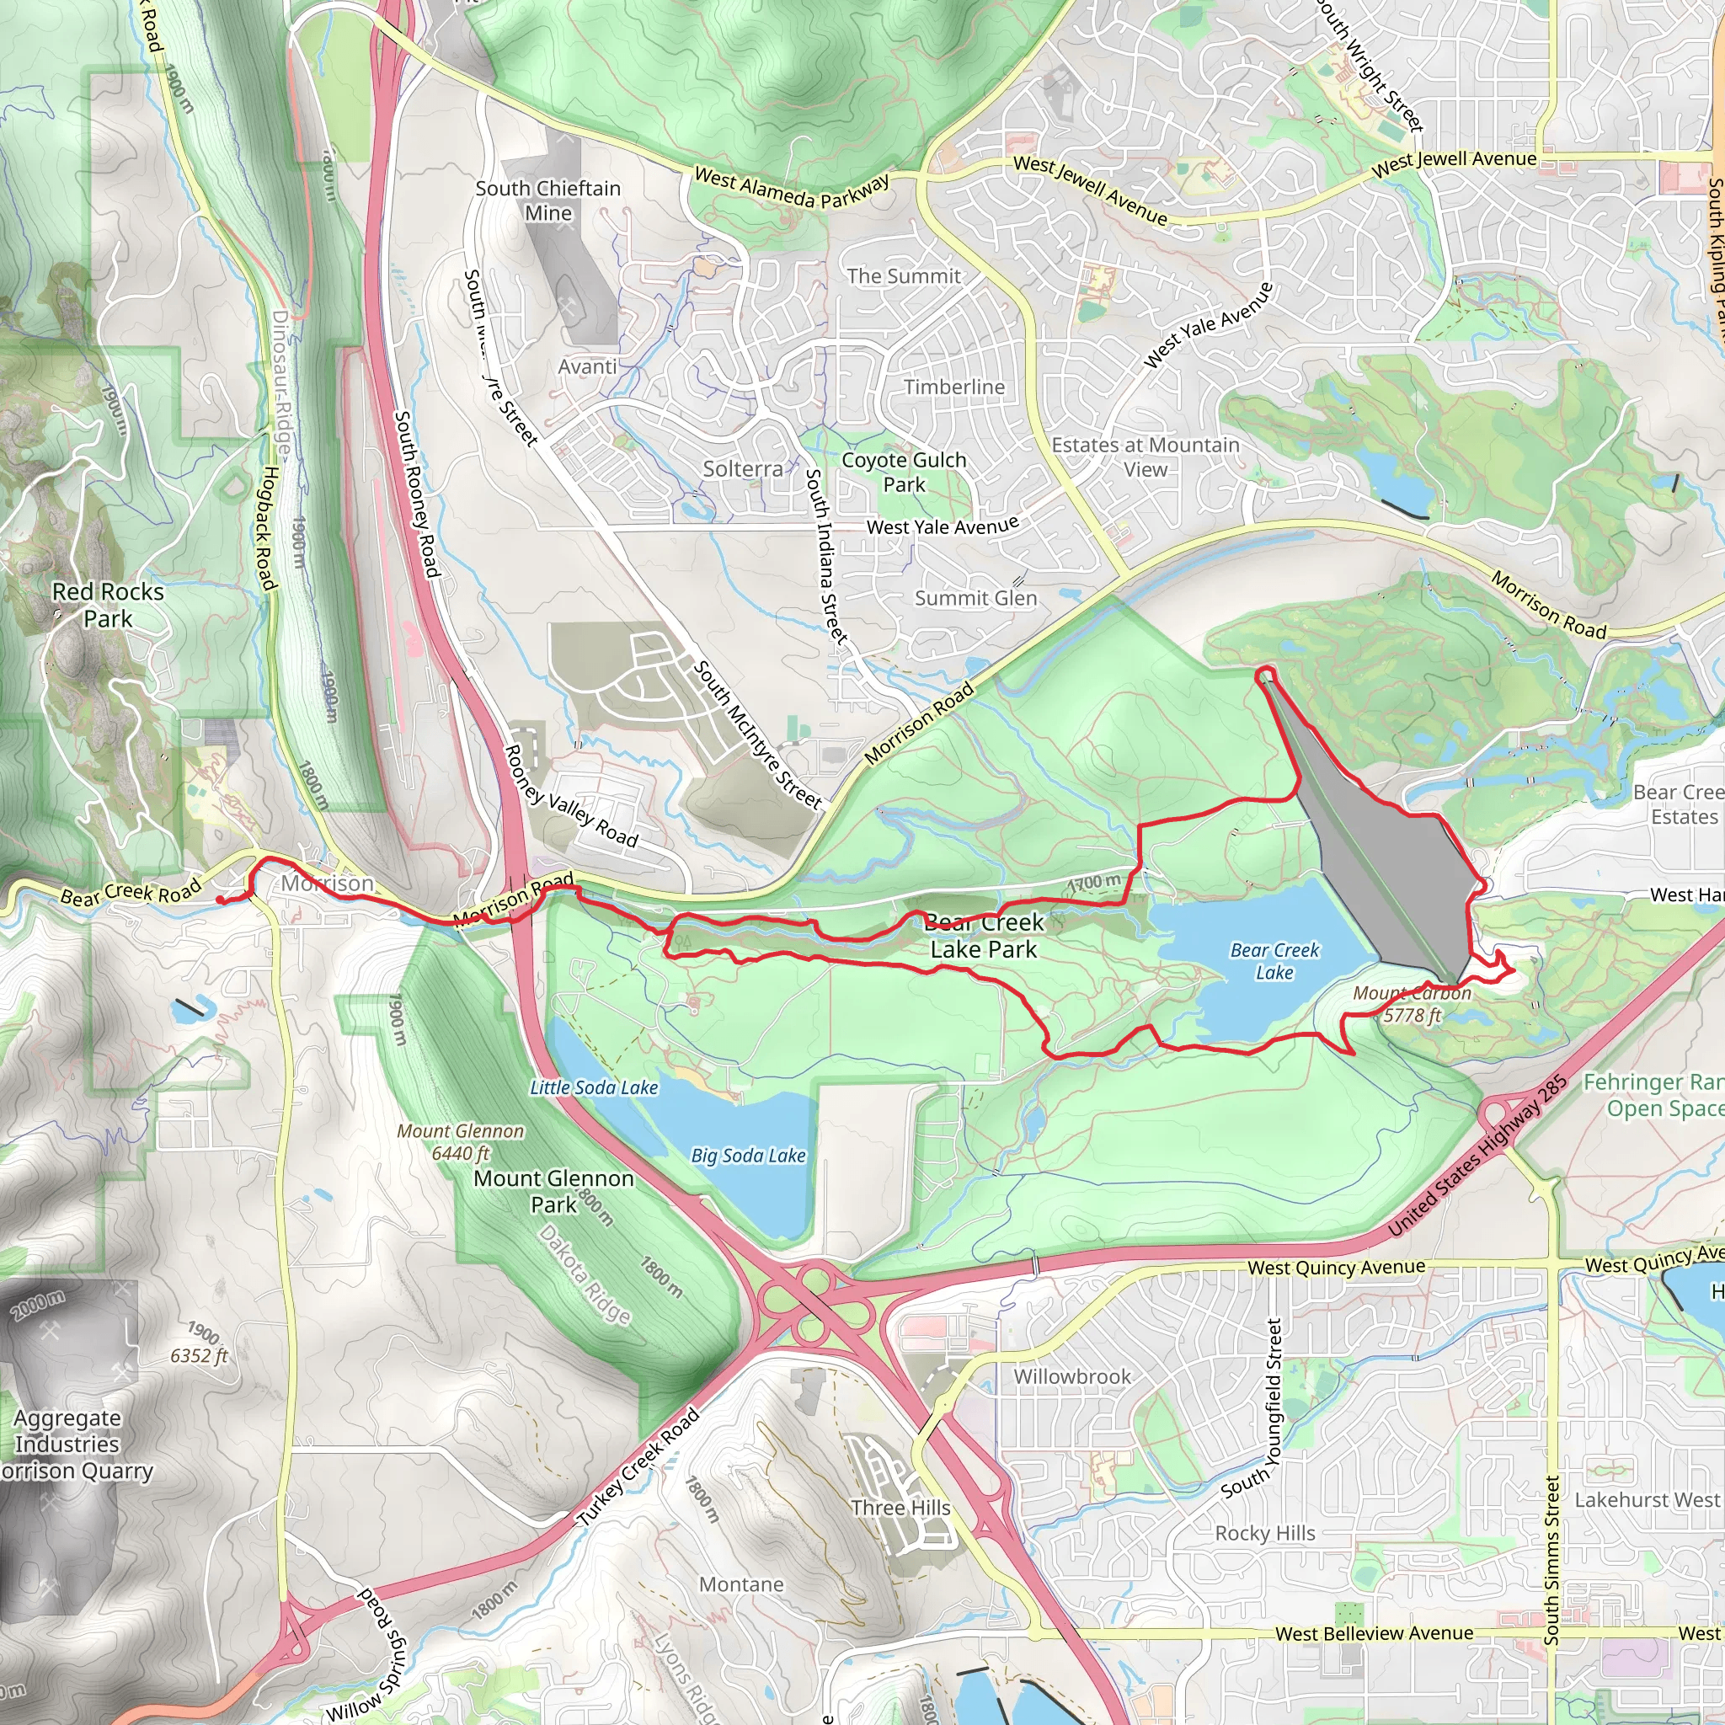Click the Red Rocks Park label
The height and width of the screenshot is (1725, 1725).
[x=108, y=606]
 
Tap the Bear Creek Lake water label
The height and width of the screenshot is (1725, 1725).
[x=1274, y=962]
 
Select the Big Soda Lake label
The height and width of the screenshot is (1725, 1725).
[x=748, y=1156]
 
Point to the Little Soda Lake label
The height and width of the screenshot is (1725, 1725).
[x=594, y=1087]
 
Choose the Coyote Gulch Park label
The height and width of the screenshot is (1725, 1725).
[x=904, y=473]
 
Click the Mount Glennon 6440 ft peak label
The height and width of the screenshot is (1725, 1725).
[x=461, y=1142]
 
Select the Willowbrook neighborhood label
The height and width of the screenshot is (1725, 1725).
[x=1071, y=1377]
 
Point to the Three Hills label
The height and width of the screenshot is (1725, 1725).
[x=900, y=1508]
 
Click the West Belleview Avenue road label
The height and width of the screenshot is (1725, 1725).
[x=1374, y=1634]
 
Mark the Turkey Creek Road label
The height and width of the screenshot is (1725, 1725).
[x=638, y=1468]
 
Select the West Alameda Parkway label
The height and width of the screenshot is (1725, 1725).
[x=792, y=189]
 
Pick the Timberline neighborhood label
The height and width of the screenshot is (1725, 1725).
[x=953, y=387]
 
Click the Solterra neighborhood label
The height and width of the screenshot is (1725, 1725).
[x=743, y=469]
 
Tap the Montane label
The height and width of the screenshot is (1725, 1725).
[x=741, y=1585]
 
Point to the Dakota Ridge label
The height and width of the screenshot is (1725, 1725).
[x=585, y=1274]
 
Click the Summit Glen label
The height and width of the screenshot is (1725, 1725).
[x=976, y=598]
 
